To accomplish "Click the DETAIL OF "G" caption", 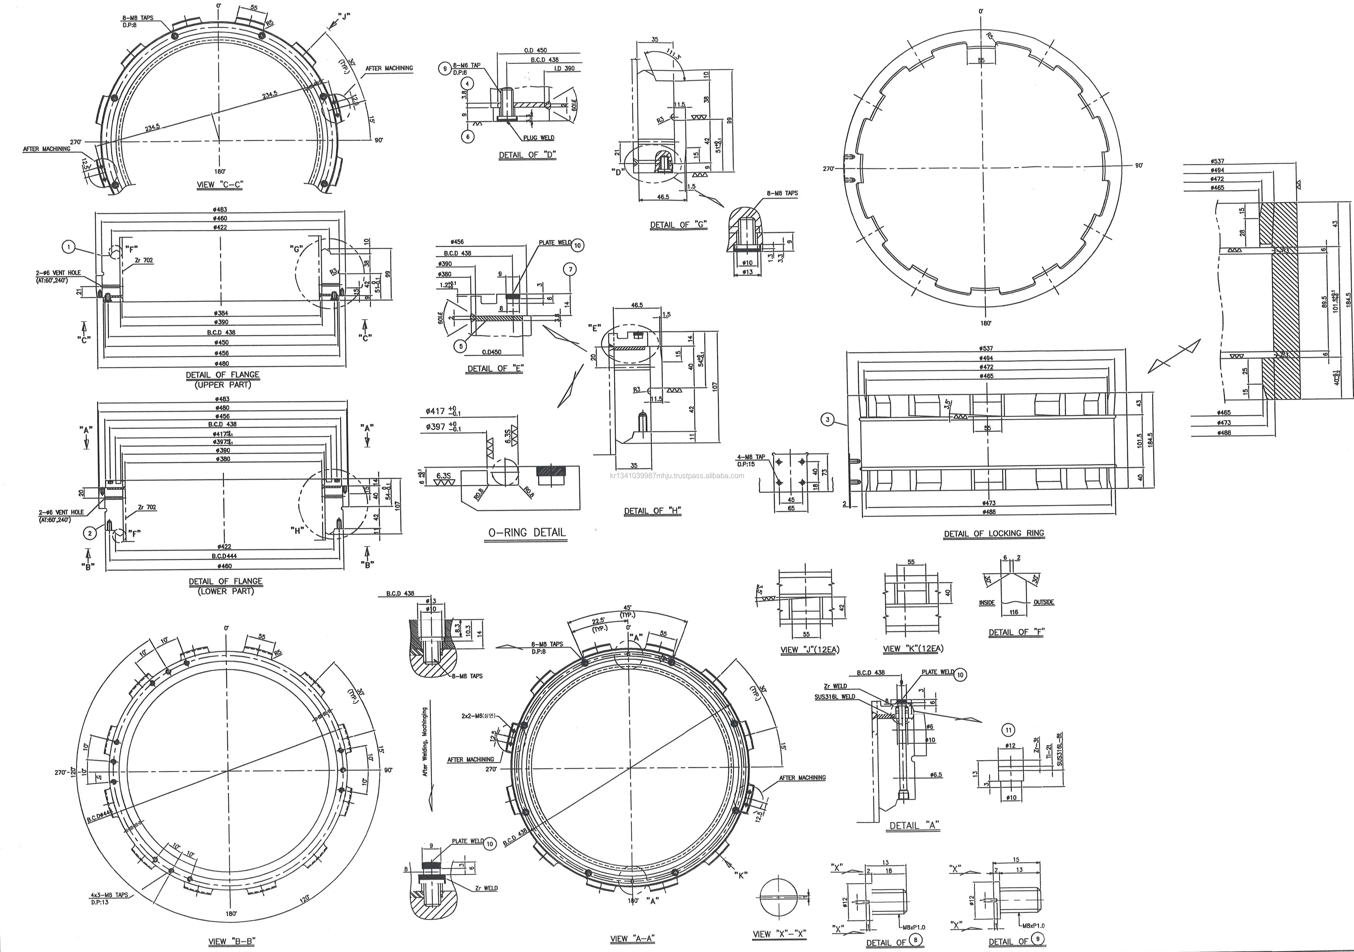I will pyautogui.click(x=678, y=225).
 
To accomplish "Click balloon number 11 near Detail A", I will pyautogui.click(x=1008, y=730).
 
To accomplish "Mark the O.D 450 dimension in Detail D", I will pyautogui.click(x=536, y=51).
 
